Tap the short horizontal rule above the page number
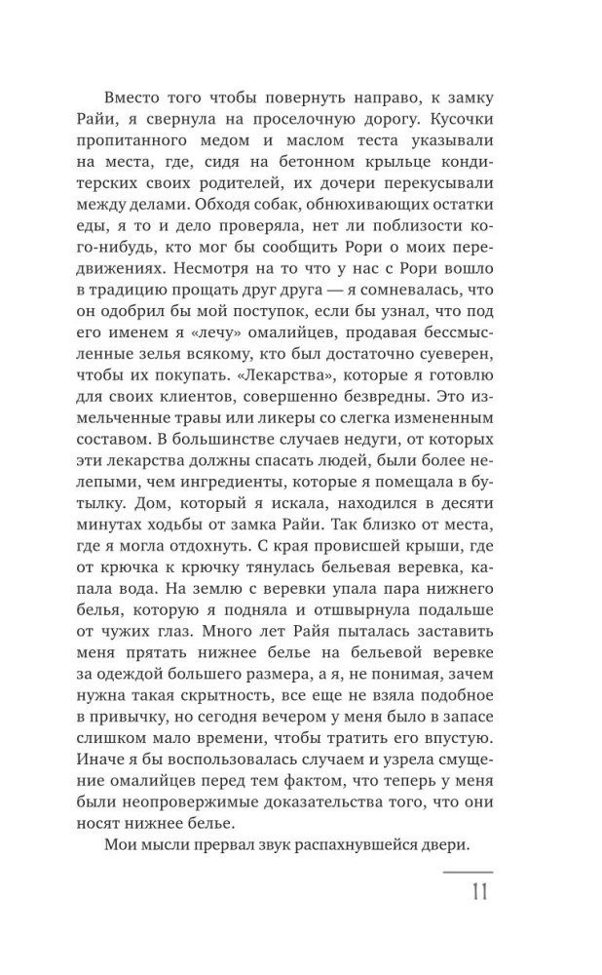pos(468,872)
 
